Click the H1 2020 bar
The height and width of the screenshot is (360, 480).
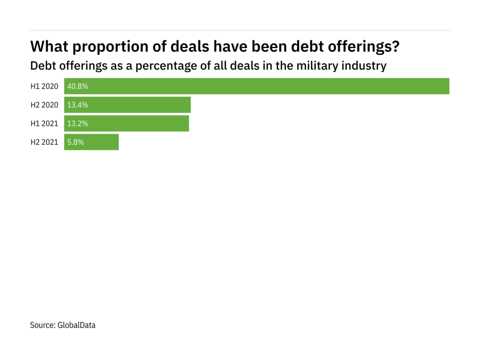(257, 87)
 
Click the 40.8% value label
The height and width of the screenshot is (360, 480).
(78, 87)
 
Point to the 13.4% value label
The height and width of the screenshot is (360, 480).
(78, 105)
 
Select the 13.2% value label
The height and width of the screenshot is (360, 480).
(78, 124)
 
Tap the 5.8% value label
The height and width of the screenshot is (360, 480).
(76, 142)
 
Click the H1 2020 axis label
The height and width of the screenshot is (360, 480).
(44, 87)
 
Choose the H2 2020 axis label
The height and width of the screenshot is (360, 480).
(44, 105)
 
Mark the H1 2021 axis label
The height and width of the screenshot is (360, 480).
(44, 124)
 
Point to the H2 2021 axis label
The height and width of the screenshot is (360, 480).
(44, 142)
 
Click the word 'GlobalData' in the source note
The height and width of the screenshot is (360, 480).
(76, 325)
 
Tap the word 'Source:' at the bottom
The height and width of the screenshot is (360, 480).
(43, 325)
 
